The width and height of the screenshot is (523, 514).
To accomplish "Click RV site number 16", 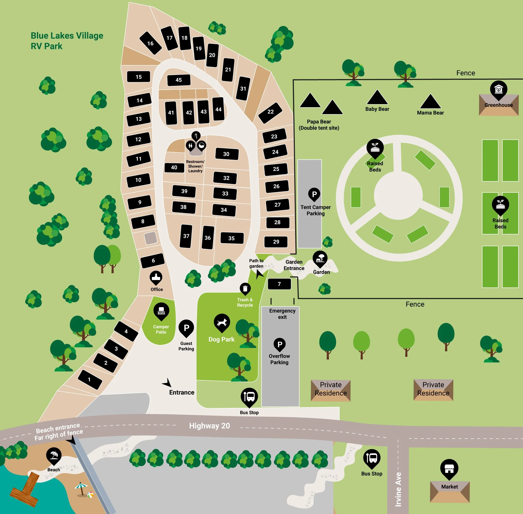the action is [150, 43].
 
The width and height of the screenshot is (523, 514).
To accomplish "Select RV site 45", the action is [179, 80].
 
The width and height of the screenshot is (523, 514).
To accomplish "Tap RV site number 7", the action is [279, 284].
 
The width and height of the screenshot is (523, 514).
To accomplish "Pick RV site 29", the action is [276, 242].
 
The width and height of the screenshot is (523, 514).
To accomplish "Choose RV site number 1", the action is [90, 379].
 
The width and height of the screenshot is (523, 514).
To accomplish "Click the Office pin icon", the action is [156, 277].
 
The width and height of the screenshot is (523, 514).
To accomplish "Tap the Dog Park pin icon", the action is [222, 322].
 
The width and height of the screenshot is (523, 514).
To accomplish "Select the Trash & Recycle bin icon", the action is [245, 289].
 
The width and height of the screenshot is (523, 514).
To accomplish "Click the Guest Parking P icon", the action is [186, 328].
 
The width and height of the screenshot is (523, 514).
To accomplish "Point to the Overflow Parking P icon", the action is [280, 344].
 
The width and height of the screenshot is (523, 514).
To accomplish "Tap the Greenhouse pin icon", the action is [498, 89].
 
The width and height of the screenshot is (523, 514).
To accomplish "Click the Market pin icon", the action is [449, 468].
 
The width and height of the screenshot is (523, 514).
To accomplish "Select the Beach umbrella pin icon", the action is [54, 455].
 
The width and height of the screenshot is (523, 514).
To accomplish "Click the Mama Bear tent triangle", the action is [430, 102].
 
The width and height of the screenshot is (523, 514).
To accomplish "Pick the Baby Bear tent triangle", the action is [377, 98].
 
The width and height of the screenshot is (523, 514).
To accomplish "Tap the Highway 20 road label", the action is [209, 426].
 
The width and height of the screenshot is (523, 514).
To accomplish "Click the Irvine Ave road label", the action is [398, 489].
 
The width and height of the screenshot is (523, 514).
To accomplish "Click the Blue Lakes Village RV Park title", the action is [67, 41].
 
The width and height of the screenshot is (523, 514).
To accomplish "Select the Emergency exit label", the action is [282, 314].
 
